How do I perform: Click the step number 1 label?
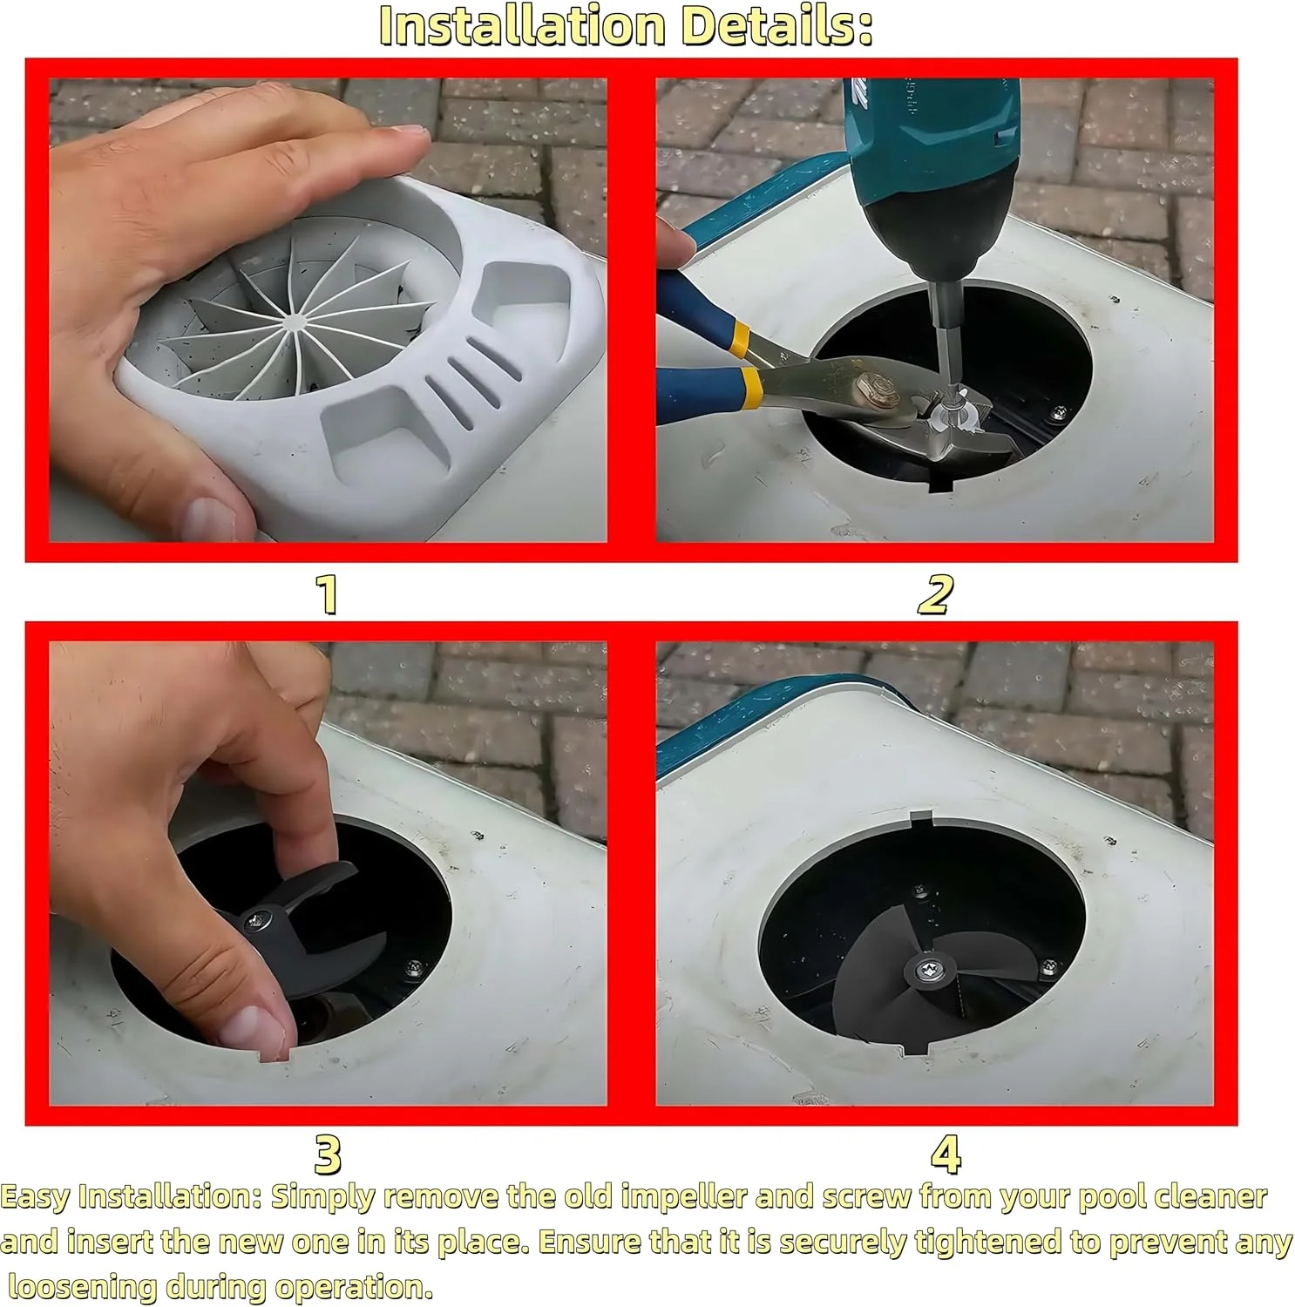[x=327, y=594]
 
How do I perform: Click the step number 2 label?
[x=935, y=594]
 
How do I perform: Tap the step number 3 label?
[x=328, y=1155]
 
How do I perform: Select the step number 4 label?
[x=946, y=1155]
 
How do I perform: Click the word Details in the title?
[x=776, y=25]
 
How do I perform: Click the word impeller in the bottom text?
[x=683, y=1197]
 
